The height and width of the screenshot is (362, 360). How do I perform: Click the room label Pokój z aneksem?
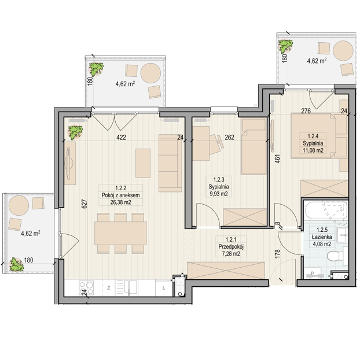(x=120, y=195)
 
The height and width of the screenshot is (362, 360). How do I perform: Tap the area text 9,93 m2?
(x=219, y=194)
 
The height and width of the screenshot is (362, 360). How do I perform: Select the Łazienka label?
(x=322, y=237)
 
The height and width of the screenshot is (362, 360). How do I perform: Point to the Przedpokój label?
(x=231, y=247)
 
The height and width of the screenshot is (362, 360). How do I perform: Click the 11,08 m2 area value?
(x=313, y=150)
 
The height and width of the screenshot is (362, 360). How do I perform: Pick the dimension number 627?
(x=85, y=204)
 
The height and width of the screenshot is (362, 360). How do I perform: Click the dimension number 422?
(x=121, y=138)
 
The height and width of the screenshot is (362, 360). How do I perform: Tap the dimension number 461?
(x=277, y=159)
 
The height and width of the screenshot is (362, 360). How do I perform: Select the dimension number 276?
(x=306, y=111)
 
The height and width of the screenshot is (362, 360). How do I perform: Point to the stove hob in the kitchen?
(x=86, y=287)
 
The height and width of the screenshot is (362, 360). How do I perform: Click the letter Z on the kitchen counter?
(x=108, y=288)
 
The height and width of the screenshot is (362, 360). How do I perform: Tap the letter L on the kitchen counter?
(x=164, y=288)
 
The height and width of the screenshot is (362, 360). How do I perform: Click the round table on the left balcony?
(x=19, y=205)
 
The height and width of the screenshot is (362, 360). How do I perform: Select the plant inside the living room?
(x=75, y=132)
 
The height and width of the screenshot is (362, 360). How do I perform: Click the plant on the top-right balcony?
(x=285, y=46)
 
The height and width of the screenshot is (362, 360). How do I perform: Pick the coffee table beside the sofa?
(x=143, y=163)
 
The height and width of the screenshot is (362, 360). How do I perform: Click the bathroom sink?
(x=342, y=235)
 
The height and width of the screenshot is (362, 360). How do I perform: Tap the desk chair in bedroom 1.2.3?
(x=216, y=145)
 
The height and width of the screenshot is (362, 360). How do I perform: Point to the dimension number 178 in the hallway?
(x=277, y=254)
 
